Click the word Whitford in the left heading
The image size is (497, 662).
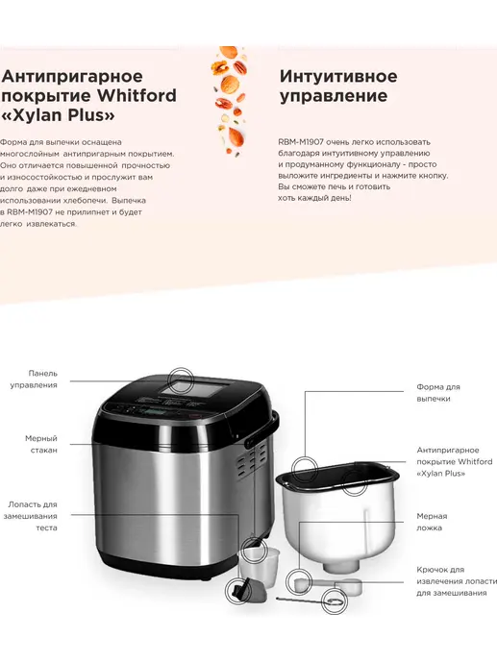coord(137,95)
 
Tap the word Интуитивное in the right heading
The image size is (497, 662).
coord(338,77)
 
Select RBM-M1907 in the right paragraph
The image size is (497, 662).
coord(301,142)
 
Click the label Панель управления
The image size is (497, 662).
coord(34,380)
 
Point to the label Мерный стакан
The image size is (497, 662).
coord(41,444)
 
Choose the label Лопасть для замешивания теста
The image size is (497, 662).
coord(31,516)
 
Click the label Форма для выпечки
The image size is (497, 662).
coord(438,393)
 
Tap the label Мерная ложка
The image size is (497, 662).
coord(432,522)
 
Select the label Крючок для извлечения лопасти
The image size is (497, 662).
coord(457,581)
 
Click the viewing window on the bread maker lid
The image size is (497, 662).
coord(198,387)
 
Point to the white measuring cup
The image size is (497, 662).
coord(260,564)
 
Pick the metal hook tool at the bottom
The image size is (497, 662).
coord(310,600)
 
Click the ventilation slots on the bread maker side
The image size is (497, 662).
coord(251,458)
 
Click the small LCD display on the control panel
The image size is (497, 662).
coord(154,411)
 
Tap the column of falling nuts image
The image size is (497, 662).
coord(229,101)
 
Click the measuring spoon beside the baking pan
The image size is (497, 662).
coord(329,585)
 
